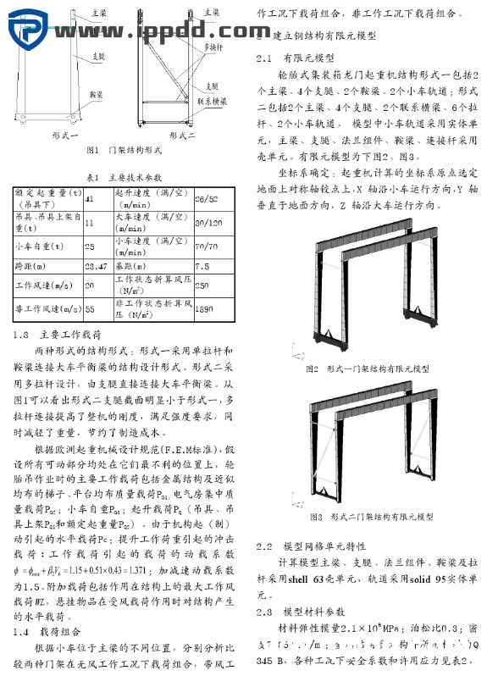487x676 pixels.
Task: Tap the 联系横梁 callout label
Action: coord(213,102)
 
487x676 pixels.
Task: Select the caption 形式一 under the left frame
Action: coord(64,134)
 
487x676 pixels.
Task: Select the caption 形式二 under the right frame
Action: coord(182,134)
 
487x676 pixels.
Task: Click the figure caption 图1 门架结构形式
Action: coord(124,150)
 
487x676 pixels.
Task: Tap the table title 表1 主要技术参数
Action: coord(125,178)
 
